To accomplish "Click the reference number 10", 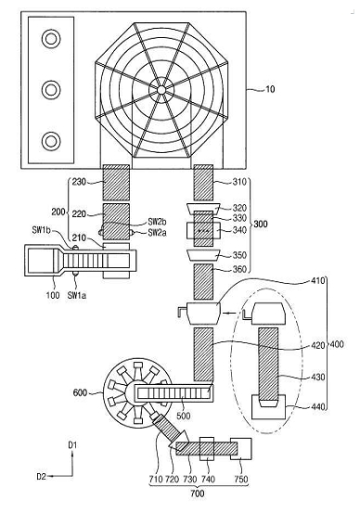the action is [x=270, y=89].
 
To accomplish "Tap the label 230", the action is [x=79, y=182].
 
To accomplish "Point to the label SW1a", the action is [x=77, y=295].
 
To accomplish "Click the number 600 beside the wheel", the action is [x=80, y=392].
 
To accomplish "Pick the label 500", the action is [x=184, y=416].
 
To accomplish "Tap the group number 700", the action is [x=198, y=494].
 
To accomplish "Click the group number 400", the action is [x=337, y=344].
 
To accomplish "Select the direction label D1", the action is [x=72, y=445].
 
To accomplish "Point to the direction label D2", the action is [x=42, y=477].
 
